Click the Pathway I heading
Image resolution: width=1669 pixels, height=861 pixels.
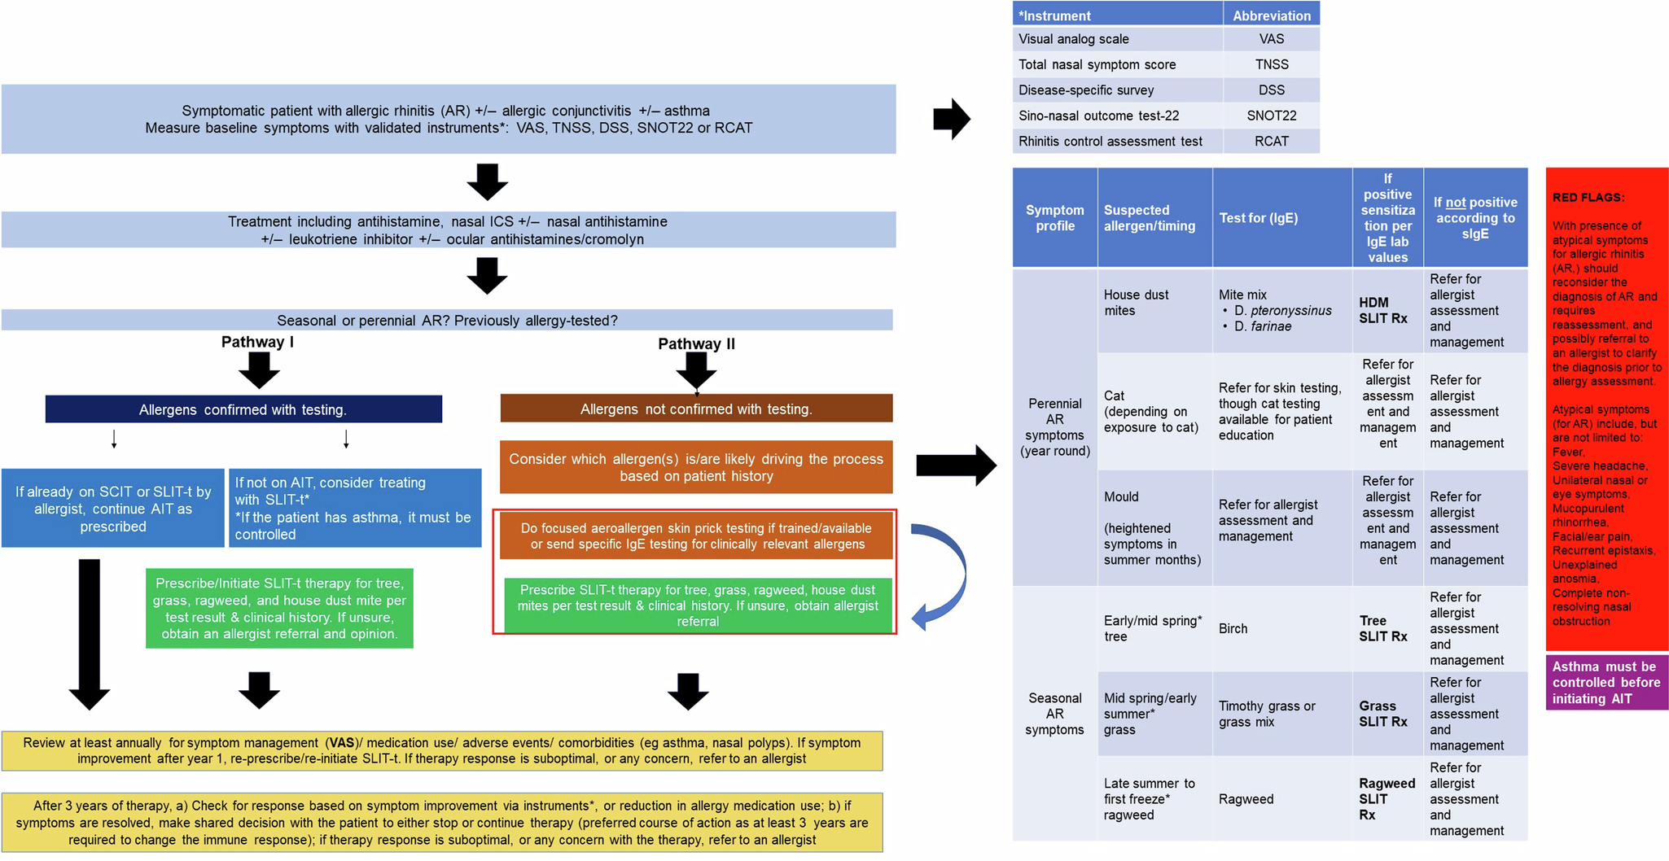coord(257,342)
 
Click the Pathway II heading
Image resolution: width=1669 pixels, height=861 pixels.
coord(696,343)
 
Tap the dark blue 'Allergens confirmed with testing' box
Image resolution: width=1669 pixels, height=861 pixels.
coord(243,409)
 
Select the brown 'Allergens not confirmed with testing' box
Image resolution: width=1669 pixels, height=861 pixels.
coord(696,409)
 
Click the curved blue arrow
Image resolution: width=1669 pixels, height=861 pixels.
coord(944,575)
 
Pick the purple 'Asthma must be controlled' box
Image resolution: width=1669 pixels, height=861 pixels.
coord(1606,683)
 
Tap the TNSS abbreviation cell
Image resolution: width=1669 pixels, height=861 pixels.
coord(1271,64)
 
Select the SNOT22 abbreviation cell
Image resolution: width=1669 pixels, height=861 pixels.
coord(1271,116)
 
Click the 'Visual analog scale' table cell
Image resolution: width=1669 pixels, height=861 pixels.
coord(1117,39)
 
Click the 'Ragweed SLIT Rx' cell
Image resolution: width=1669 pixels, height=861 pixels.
coord(1386,798)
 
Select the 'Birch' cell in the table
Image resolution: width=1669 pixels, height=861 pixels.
coord(1233,628)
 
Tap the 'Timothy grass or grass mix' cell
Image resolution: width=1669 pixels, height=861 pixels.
coord(1267,714)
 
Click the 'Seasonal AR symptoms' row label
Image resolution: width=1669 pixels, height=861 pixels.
coord(1054,713)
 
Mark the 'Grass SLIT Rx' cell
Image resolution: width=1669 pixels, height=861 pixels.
coord(1382,714)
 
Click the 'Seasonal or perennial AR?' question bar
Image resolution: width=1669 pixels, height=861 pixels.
coord(447,320)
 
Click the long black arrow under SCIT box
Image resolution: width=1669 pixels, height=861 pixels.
coord(90,631)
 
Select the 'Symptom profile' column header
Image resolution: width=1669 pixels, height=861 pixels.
coord(1054,217)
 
